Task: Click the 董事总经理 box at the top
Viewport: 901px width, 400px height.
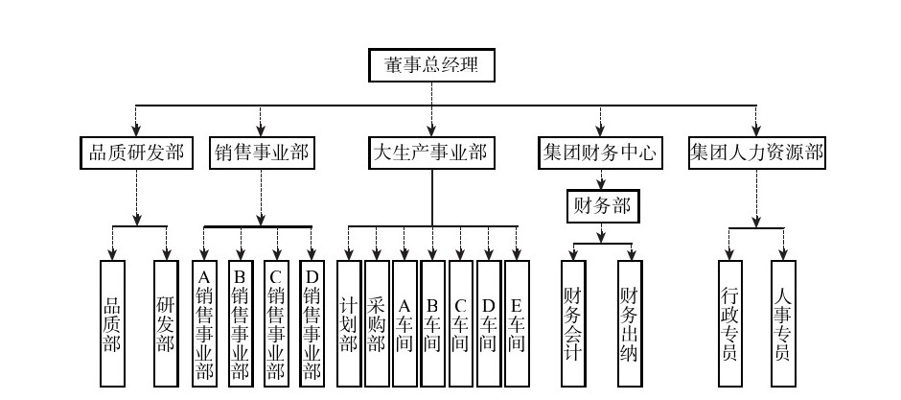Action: click(x=431, y=65)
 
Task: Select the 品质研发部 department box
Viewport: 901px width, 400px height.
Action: click(x=135, y=152)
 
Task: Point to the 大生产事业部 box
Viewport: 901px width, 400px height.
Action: click(x=430, y=152)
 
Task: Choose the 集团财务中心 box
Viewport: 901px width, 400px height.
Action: click(x=600, y=152)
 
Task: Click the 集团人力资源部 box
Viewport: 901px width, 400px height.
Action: click(x=757, y=152)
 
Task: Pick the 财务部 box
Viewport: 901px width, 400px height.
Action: click(x=600, y=205)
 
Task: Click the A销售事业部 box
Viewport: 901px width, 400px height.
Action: click(x=203, y=322)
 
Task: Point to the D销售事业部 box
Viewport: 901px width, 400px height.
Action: click(x=312, y=322)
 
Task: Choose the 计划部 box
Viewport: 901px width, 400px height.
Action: click(x=349, y=322)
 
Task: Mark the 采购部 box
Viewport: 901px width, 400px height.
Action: click(x=377, y=322)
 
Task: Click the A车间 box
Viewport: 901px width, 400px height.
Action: click(x=404, y=322)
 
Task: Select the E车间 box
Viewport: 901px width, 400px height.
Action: click(x=517, y=322)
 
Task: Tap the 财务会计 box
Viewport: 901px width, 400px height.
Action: click(x=573, y=322)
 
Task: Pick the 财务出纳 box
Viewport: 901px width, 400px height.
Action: click(x=629, y=322)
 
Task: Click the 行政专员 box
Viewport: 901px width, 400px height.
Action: click(x=729, y=322)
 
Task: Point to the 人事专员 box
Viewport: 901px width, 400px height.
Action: click(x=783, y=322)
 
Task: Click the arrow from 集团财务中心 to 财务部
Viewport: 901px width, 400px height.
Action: click(x=600, y=178)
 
